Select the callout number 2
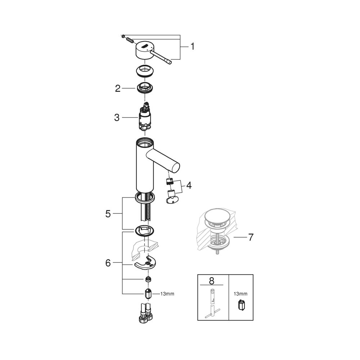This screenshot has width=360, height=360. coord(118,88)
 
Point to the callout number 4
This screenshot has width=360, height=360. coord(189,186)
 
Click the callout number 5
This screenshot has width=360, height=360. coord(108,213)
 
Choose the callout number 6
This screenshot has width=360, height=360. coord(108,263)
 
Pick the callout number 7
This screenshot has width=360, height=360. coord(251,237)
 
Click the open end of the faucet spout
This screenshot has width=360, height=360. coord(176,167)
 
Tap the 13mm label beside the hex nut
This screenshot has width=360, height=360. coord(167,294)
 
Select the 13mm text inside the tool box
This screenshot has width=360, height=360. coord(240,294)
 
